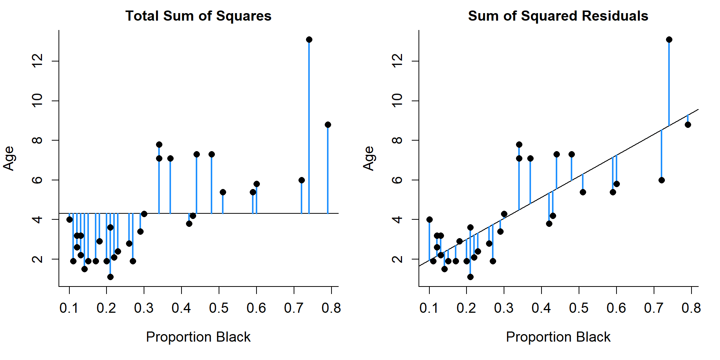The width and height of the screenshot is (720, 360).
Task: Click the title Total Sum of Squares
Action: click(x=198, y=16)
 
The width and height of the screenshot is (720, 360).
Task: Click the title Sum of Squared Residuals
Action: click(x=558, y=16)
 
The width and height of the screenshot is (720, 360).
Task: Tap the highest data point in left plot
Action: click(x=309, y=40)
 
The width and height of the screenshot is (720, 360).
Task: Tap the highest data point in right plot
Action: click(x=669, y=40)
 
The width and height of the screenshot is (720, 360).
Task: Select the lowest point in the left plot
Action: click(x=110, y=277)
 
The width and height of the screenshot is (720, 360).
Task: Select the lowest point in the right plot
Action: click(x=470, y=277)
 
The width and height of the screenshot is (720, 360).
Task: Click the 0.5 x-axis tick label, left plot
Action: click(x=219, y=308)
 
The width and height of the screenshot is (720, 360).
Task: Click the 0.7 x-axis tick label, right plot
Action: click(x=654, y=308)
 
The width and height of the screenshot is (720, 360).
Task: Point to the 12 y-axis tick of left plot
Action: click(x=37, y=61)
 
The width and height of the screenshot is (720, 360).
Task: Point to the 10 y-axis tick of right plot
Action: click(x=397, y=101)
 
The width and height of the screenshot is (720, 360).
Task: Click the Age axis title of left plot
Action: click(x=9, y=158)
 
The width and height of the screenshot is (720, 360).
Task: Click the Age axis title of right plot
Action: click(x=369, y=158)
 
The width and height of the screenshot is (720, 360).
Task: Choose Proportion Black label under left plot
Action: click(x=198, y=337)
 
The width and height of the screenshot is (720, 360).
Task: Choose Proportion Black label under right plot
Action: click(x=558, y=337)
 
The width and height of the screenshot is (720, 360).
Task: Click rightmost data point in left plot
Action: click(x=328, y=124)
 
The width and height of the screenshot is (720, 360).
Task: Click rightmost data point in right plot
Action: click(x=688, y=124)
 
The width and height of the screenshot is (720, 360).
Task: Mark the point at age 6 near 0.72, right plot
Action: click(x=661, y=180)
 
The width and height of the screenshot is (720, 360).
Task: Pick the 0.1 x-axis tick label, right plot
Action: click(x=429, y=308)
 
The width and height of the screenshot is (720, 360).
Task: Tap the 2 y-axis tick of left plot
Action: click(x=37, y=259)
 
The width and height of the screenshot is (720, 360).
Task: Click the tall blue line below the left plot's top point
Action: click(x=309, y=127)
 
